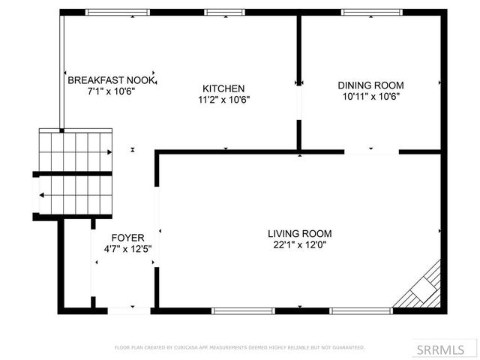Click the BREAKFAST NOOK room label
(x=111, y=80)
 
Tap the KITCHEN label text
(x=223, y=88)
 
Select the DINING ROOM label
(x=370, y=85)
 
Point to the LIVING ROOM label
(x=299, y=233)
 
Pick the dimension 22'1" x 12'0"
(x=299, y=244)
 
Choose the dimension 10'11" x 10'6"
(x=370, y=96)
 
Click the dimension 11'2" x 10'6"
(x=223, y=99)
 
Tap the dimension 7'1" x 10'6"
(x=111, y=91)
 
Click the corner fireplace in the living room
(x=423, y=288)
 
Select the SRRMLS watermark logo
(x=445, y=349)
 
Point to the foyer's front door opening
(x=129, y=310)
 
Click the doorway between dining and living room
(x=371, y=152)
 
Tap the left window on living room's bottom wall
(x=238, y=310)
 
